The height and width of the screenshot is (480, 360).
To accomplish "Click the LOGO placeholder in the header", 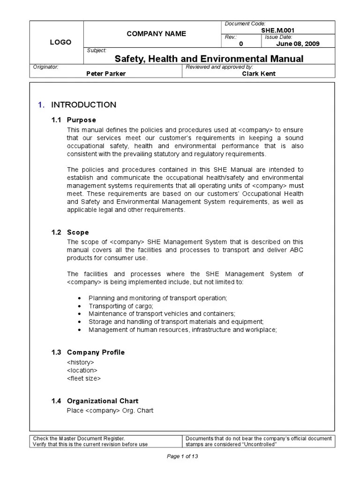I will coord(60,42).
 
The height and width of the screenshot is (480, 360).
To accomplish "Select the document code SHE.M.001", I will coord(278,30).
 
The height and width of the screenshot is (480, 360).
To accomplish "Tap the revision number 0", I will coord(241,44).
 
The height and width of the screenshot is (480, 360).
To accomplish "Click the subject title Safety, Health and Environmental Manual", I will coord(209,59).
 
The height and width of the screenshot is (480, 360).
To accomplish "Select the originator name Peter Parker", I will coord(106,74).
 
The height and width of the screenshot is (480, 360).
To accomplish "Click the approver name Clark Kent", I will coord(259,74).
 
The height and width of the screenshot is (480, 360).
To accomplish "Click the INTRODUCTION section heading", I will coord(83,105).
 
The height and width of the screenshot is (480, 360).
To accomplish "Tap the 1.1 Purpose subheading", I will coord(74,120).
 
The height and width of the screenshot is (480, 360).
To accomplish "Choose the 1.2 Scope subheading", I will coord(70,232).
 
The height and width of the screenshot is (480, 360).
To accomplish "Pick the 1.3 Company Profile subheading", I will coord(88,352).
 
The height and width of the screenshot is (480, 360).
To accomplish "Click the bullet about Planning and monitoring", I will coord(157,298).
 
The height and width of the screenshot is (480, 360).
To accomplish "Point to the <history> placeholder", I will coord(81,362).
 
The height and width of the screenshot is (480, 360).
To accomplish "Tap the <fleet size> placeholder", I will coord(84,378).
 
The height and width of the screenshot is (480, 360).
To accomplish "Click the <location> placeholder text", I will coord(82,370).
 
